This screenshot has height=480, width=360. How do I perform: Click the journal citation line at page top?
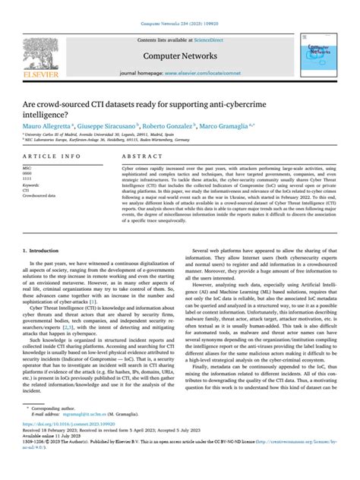180,6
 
